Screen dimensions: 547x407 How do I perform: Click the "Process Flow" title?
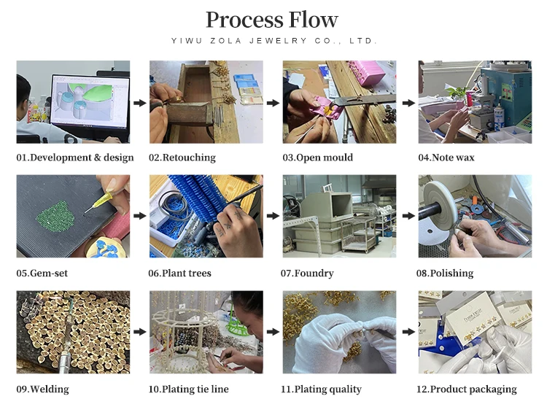click(x=272, y=19)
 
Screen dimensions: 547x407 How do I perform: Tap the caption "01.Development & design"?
click(x=75, y=158)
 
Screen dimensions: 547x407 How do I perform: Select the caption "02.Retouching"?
click(x=182, y=158)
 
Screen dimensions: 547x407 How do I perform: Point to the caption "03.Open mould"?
click(x=317, y=158)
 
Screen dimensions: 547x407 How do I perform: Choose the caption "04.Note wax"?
click(x=446, y=158)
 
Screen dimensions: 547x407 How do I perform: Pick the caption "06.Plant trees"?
click(x=180, y=274)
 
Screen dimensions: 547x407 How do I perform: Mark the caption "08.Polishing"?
click(x=445, y=274)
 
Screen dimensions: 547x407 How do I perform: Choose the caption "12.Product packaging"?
click(x=467, y=389)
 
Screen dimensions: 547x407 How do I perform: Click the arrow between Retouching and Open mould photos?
click(x=273, y=103)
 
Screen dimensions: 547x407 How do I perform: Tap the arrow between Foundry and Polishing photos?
click(x=407, y=217)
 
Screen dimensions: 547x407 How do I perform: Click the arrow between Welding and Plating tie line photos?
click(x=139, y=333)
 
